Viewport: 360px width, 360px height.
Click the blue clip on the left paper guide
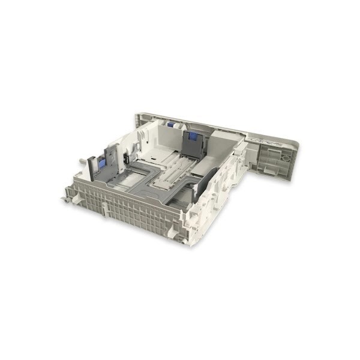[x=101, y=163]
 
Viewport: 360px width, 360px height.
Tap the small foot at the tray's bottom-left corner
[x=64, y=199]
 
